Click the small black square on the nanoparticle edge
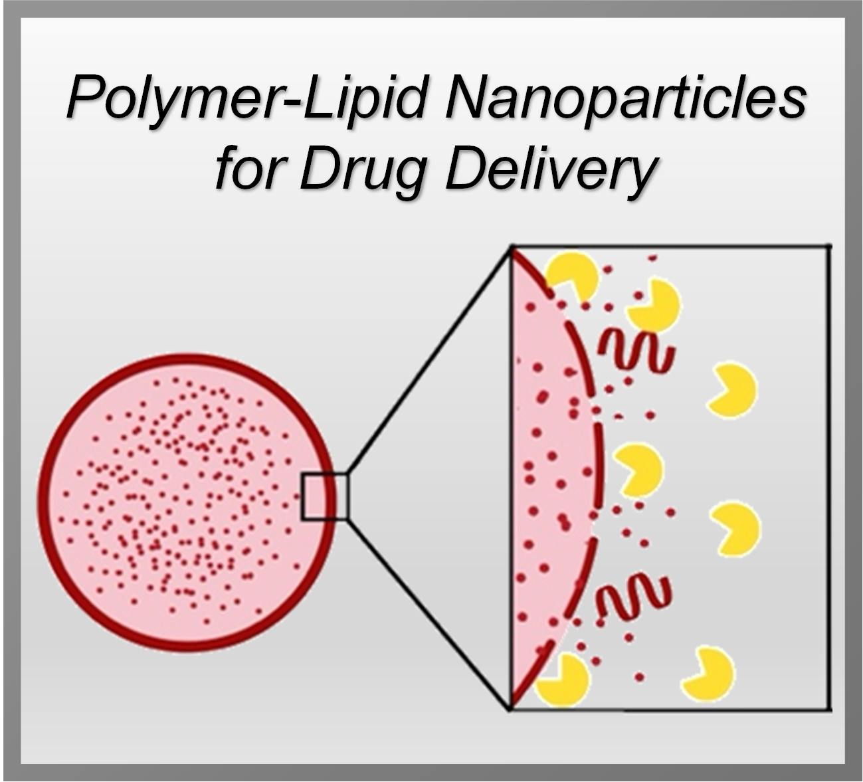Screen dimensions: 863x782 (324, 496)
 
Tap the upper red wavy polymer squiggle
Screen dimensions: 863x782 (636, 350)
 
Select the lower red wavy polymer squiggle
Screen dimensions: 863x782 (633, 595)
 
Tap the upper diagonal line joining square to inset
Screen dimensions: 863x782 (429, 360)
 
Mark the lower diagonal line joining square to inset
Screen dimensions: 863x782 (429, 615)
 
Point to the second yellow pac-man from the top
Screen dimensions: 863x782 (653, 306)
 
